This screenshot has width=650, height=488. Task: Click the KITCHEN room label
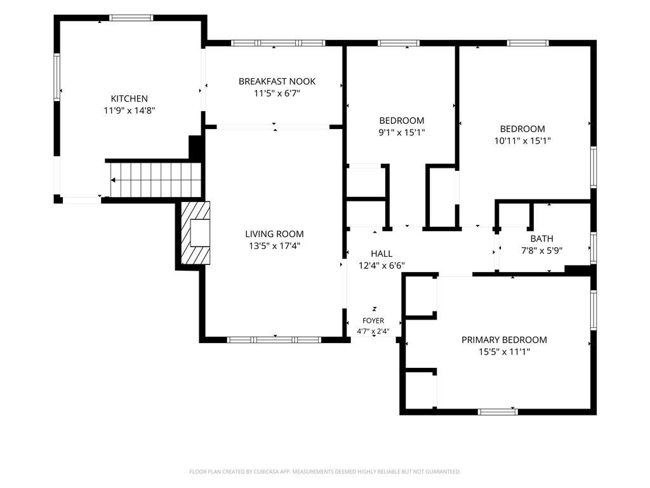(x=129, y=98)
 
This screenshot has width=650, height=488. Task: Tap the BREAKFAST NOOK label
(x=277, y=81)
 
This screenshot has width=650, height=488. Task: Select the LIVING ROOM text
(x=274, y=234)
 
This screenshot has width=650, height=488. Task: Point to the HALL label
(x=381, y=254)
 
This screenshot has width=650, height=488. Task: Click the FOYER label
(x=373, y=321)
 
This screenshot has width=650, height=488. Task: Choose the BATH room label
(x=542, y=239)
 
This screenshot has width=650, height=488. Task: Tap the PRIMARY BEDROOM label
(x=504, y=340)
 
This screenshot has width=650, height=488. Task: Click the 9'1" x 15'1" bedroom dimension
(x=402, y=133)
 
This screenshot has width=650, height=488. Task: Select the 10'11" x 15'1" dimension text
(x=522, y=141)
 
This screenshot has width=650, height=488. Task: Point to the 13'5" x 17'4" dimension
(x=274, y=246)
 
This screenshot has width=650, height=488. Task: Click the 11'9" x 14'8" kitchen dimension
(x=129, y=111)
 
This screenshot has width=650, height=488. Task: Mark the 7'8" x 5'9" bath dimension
(x=542, y=250)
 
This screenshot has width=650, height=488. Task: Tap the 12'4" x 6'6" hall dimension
(x=381, y=266)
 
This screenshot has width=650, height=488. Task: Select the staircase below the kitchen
(x=155, y=180)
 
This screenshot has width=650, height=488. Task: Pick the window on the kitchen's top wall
(x=131, y=18)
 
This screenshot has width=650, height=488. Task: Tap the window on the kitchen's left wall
(x=56, y=77)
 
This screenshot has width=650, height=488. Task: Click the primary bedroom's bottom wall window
(x=498, y=412)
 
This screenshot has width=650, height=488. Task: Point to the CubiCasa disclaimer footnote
(x=325, y=472)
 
